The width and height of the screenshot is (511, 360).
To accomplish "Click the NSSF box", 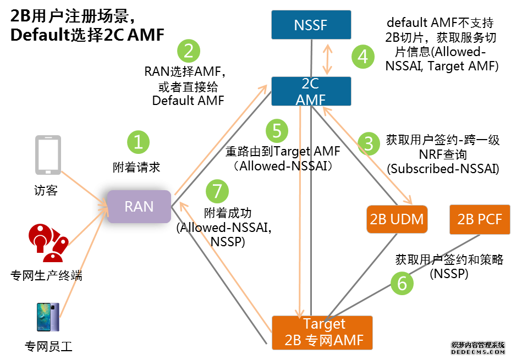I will click(311, 25).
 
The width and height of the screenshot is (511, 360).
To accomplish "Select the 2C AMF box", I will click(311, 91).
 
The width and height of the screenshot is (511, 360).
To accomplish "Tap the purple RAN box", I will click(139, 206).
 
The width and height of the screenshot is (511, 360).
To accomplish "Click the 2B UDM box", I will click(397, 219).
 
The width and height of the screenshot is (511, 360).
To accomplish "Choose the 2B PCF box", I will click(480, 219).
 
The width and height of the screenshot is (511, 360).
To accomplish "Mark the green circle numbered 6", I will click(402, 283).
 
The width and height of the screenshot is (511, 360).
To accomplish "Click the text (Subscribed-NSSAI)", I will click(443, 169).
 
